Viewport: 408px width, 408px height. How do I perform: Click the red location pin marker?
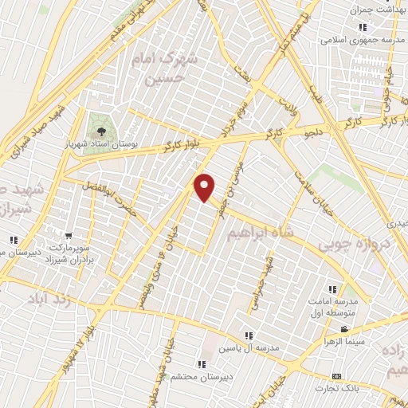[206, 186]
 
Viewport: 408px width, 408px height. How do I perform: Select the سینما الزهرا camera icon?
[345, 329]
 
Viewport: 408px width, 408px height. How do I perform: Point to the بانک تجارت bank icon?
[336, 375]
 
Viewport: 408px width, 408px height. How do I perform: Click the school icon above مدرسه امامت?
[332, 290]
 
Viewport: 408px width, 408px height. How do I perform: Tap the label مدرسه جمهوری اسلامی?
[363, 40]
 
